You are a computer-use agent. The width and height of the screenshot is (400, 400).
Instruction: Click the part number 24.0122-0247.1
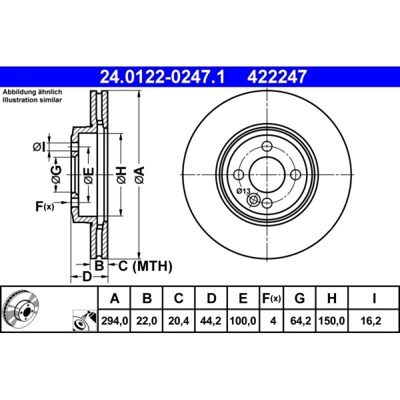pyautogui.click(x=163, y=76)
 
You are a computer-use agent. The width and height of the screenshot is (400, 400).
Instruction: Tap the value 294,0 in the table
pyautogui.click(x=114, y=321)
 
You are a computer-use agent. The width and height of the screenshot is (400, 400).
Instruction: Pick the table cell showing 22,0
pyautogui.click(x=147, y=321)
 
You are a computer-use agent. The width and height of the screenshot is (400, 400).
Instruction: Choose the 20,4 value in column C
pyautogui.click(x=178, y=321)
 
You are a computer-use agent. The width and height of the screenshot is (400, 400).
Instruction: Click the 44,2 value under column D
pyautogui.click(x=211, y=321)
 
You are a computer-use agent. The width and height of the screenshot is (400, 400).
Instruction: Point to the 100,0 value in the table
pyautogui.click(x=242, y=321)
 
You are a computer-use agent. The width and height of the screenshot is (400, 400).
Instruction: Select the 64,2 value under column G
pyautogui.click(x=299, y=321)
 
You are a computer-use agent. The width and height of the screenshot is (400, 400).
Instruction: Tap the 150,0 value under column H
pyautogui.click(x=331, y=321)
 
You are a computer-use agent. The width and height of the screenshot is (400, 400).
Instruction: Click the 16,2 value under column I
pyautogui.click(x=373, y=321)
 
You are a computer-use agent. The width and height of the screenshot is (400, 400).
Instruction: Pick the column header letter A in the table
pyautogui.click(x=114, y=298)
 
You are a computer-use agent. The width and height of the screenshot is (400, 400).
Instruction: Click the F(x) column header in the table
pyautogui.click(x=272, y=298)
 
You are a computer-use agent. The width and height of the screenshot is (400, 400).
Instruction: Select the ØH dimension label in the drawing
pyautogui.click(x=120, y=174)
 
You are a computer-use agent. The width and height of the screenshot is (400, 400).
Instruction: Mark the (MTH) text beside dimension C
pyautogui.click(x=152, y=266)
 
